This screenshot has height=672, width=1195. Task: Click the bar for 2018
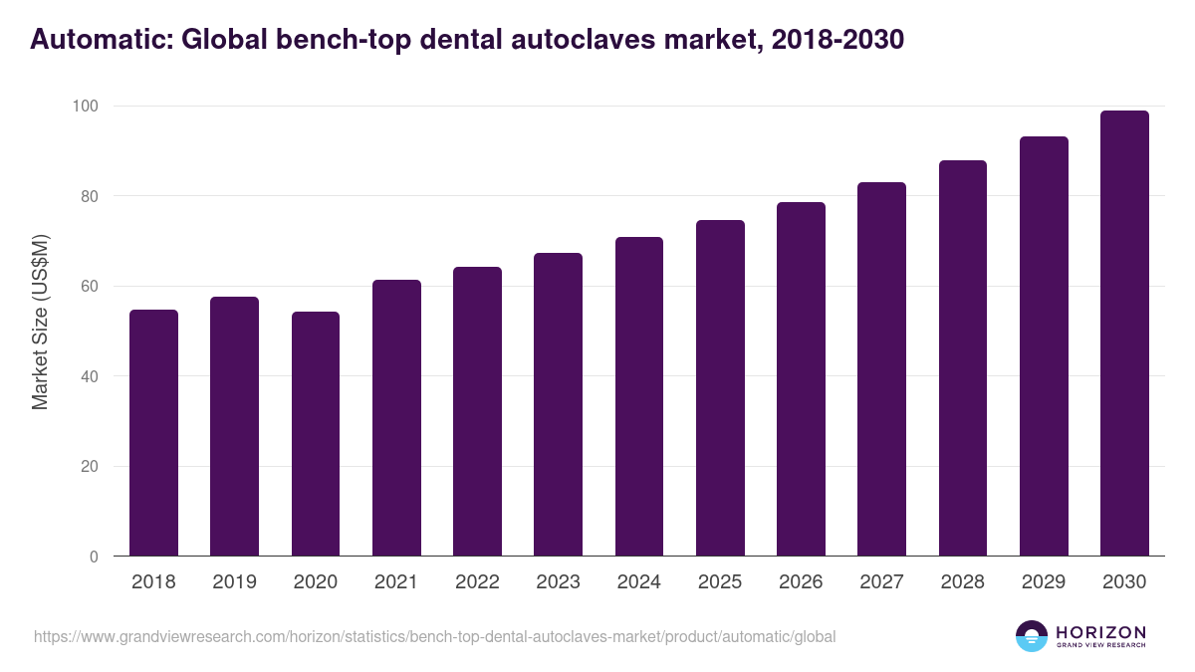pyautogui.click(x=153, y=433)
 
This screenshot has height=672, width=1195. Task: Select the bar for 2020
pyautogui.click(x=316, y=434)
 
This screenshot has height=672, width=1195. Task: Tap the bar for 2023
pyautogui.click(x=558, y=404)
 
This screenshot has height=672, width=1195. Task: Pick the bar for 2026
pyautogui.click(x=801, y=379)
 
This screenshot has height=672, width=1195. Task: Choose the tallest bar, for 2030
pyautogui.click(x=1124, y=334)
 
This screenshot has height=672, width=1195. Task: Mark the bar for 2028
pyautogui.click(x=962, y=358)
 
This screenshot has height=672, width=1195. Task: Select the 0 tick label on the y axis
pyautogui.click(x=93, y=558)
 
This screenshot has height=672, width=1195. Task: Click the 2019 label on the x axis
pyautogui.click(x=234, y=582)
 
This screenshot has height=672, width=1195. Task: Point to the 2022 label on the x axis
pyautogui.click(x=477, y=582)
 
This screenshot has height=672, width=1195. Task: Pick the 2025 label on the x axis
pyautogui.click(x=720, y=582)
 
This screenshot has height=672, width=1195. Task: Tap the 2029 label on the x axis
pyautogui.click(x=1044, y=582)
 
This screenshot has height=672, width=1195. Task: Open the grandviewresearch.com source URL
pyautogui.click(x=434, y=636)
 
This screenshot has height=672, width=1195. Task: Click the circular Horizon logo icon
pyautogui.click(x=1032, y=636)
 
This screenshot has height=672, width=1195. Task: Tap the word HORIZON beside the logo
pyautogui.click(x=1100, y=631)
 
